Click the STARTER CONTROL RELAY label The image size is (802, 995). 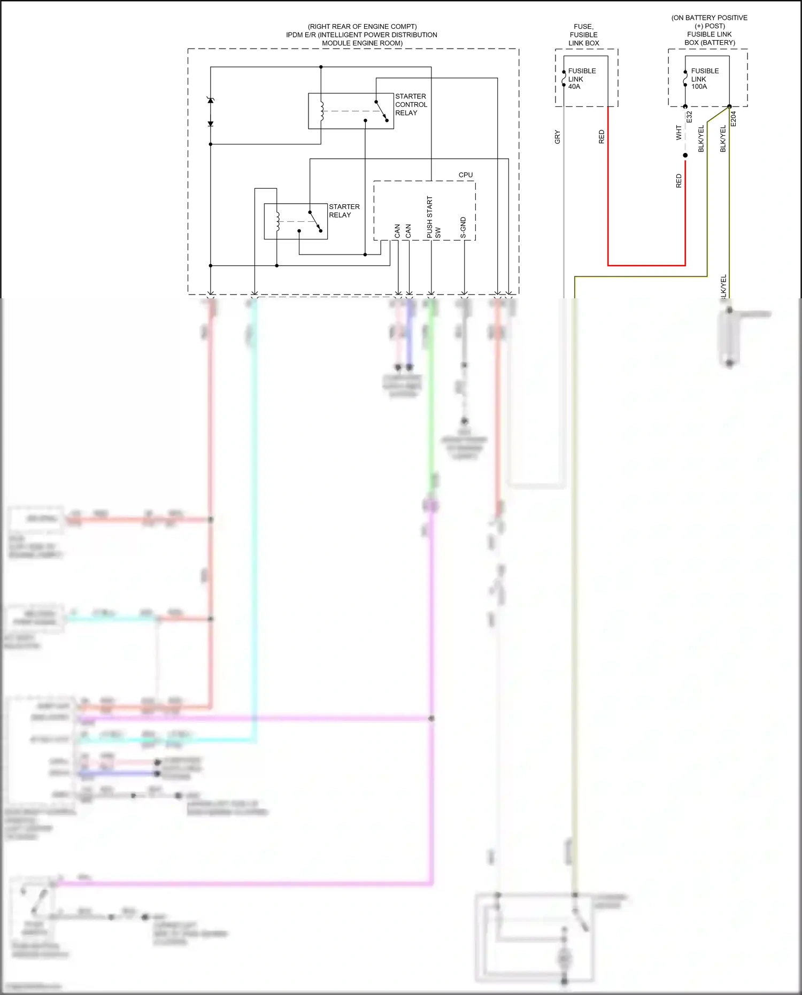[x=411, y=105]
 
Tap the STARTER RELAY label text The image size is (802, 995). [x=344, y=211]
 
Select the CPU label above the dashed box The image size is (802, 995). [x=465, y=175]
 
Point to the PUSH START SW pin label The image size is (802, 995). [x=433, y=218]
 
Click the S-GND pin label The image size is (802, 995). [x=463, y=228]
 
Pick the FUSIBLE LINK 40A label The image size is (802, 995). [x=581, y=79]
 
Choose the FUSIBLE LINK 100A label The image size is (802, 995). [x=704, y=79]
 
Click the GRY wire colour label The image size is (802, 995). [x=557, y=137]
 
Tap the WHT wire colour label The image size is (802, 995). [x=678, y=133]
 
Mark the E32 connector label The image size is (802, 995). [x=689, y=117]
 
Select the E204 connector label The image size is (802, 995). [x=733, y=119]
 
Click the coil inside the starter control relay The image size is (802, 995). [x=322, y=111]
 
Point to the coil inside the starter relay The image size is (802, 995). [x=277, y=221]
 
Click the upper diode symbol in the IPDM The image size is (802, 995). [x=211, y=101]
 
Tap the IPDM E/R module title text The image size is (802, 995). [x=361, y=35]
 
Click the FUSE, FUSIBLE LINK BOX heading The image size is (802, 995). [x=583, y=35]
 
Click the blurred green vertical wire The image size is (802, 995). [x=431, y=401]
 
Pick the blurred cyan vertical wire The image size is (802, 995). [x=255, y=481]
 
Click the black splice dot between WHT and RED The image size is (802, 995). [x=685, y=156]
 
